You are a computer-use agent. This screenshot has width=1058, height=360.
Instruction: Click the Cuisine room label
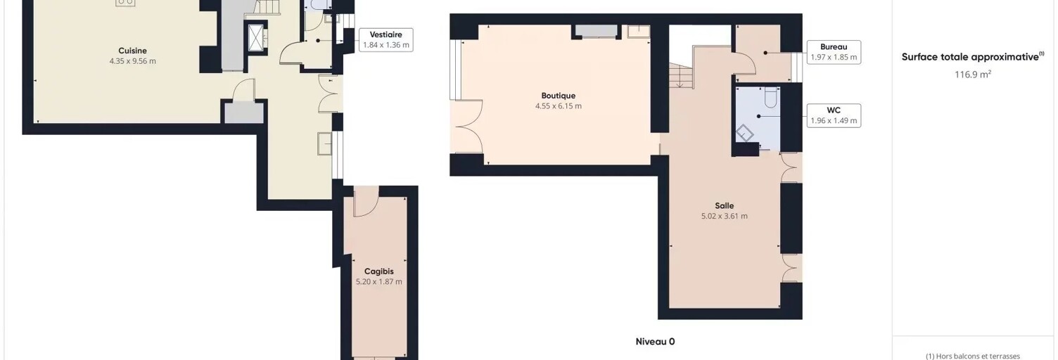click(132, 51)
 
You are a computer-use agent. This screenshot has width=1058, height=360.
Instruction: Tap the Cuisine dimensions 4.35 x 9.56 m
click(132, 61)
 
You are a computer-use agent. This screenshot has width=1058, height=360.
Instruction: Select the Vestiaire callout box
click(386, 39)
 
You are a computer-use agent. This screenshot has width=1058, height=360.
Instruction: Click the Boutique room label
click(558, 96)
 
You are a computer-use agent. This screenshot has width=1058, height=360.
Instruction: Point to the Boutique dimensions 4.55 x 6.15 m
click(558, 105)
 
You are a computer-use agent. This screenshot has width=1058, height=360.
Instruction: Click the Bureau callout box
click(834, 52)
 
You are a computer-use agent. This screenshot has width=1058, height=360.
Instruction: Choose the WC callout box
click(834, 115)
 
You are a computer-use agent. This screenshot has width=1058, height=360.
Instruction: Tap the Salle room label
click(724, 205)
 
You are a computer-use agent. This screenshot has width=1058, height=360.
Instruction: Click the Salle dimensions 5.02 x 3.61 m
click(724, 216)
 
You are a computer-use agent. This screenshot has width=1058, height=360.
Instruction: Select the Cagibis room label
click(378, 271)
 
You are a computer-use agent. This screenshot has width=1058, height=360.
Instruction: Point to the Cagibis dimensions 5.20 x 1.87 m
click(378, 282)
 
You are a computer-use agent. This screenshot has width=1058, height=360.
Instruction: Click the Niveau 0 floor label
click(655, 342)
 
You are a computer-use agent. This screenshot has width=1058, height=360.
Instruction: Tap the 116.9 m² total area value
click(972, 74)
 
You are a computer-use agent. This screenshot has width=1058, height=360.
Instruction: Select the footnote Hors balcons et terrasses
click(972, 356)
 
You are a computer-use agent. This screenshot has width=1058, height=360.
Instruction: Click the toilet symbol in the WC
click(772, 96)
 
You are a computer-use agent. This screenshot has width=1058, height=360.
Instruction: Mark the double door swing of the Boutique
click(468, 126)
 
